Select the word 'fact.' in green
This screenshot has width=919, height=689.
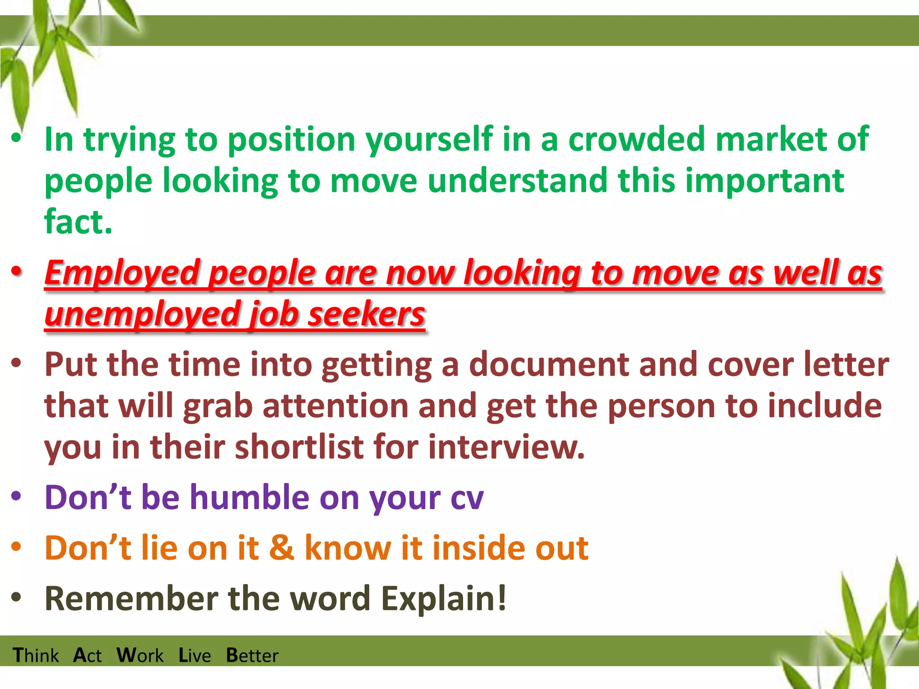(78, 222)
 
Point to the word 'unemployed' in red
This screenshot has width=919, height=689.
(142, 314)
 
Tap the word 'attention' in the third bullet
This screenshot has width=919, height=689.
(335, 406)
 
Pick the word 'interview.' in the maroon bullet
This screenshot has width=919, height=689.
(507, 447)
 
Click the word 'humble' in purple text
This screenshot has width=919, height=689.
(249, 497)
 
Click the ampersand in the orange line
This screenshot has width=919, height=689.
(281, 548)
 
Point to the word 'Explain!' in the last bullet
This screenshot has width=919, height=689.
(444, 599)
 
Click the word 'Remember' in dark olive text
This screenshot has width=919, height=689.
(131, 599)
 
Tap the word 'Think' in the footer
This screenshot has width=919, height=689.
(35, 655)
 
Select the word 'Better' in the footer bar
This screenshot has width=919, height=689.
(252, 655)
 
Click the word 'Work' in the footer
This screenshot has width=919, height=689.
(140, 655)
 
